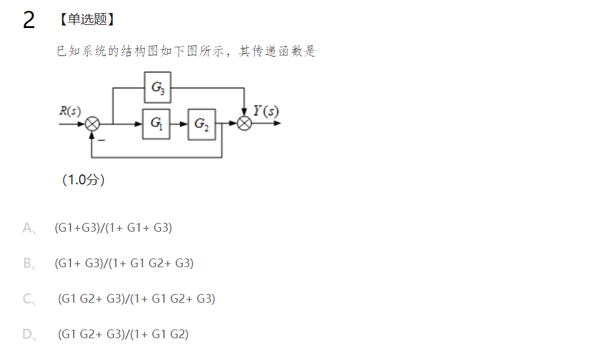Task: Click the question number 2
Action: click(29, 21)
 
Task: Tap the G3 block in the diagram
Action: click(158, 88)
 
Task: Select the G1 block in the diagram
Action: click(156, 123)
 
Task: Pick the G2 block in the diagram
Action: click(202, 123)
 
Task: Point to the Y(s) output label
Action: click(266, 111)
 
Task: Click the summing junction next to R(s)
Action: click(92, 123)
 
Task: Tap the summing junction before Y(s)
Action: click(244, 123)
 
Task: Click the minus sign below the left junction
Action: click(101, 141)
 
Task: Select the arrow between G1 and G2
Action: click(180, 123)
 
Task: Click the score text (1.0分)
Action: click(84, 180)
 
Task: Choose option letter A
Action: click(27, 228)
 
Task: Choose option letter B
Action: click(27, 263)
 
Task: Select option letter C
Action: click(27, 299)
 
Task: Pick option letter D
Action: click(27, 334)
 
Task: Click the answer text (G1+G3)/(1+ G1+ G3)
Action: click(113, 228)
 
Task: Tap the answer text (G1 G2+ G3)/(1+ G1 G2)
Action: click(123, 334)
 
